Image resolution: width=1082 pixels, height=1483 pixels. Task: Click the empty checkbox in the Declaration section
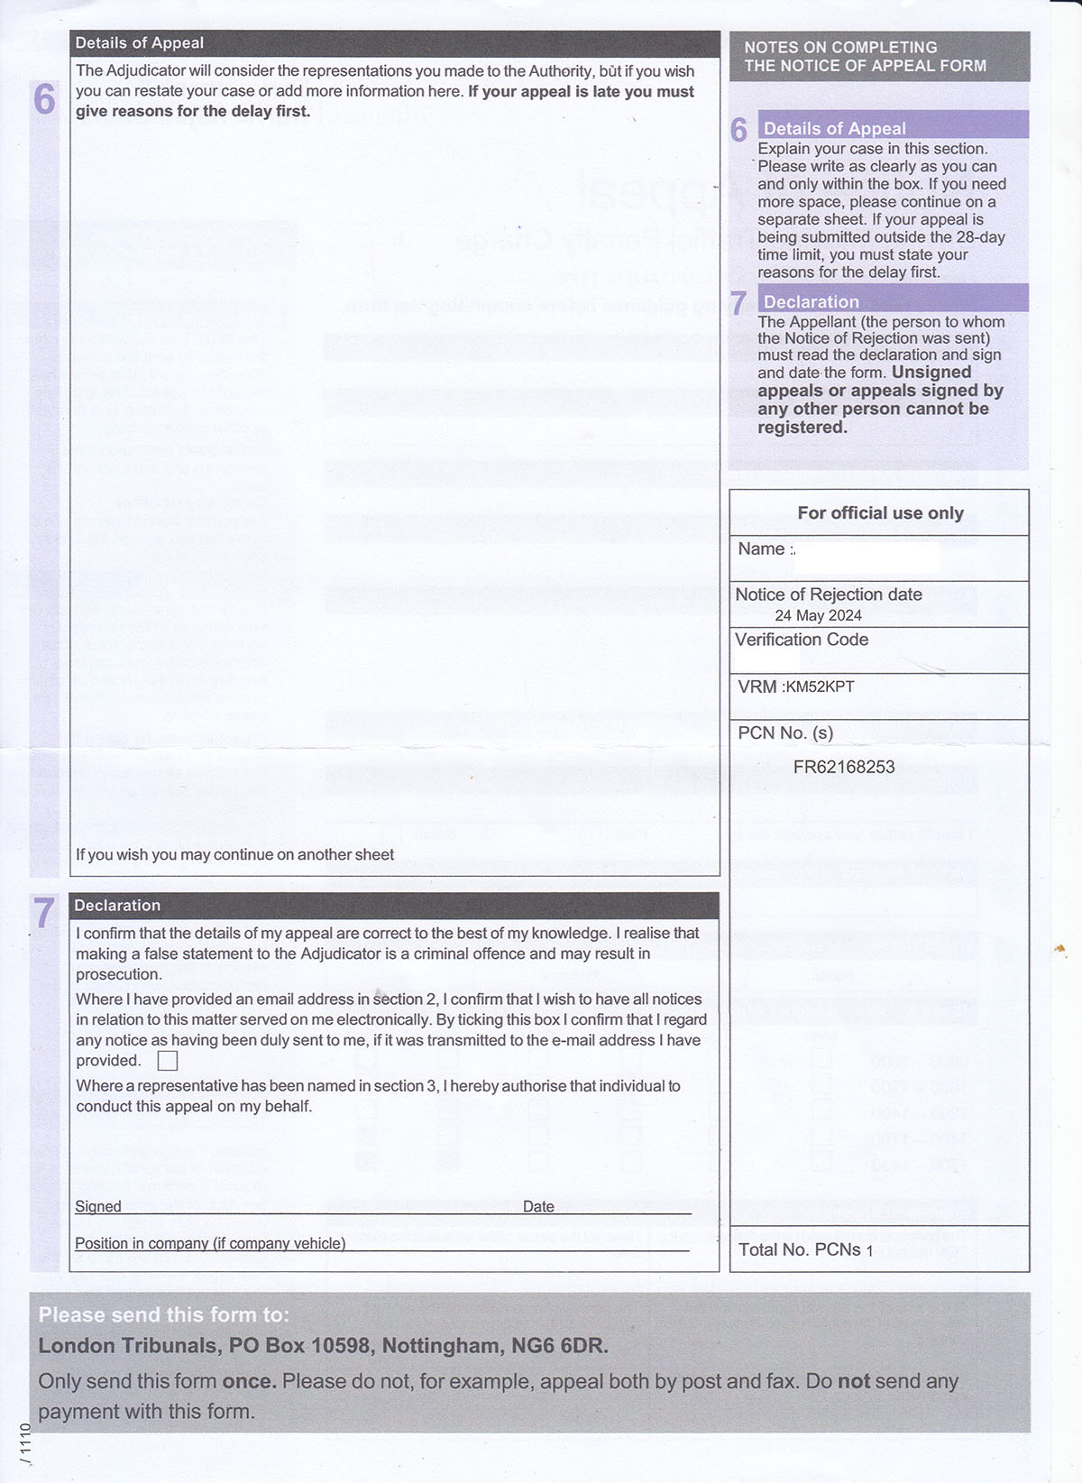point(168,1061)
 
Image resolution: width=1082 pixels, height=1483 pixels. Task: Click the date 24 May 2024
point(818,615)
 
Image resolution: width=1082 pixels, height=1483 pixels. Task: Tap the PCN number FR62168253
point(844,767)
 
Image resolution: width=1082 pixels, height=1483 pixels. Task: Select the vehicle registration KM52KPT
point(820,686)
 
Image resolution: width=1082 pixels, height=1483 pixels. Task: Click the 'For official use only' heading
point(880,512)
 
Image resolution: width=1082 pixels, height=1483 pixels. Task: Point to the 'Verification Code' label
point(802,640)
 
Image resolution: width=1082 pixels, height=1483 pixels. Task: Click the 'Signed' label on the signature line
point(98,1206)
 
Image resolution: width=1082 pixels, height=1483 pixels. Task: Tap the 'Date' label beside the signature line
point(538,1206)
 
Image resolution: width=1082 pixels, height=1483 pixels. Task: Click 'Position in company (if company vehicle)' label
point(210,1243)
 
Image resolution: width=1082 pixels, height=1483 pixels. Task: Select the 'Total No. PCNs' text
point(800,1249)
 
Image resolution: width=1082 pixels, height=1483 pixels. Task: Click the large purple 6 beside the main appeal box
point(44,99)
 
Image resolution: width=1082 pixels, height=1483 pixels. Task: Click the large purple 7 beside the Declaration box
point(44,913)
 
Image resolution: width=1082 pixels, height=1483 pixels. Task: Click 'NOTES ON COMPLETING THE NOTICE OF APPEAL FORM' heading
point(865,56)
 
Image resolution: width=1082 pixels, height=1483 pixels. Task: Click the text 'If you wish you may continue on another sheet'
point(234,854)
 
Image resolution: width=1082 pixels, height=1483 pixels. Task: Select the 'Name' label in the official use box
point(761,548)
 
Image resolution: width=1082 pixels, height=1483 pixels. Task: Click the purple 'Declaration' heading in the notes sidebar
point(811,301)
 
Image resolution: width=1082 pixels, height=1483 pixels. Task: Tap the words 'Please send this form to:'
point(164,1314)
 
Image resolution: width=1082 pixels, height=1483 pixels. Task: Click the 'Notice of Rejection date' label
point(829,594)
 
